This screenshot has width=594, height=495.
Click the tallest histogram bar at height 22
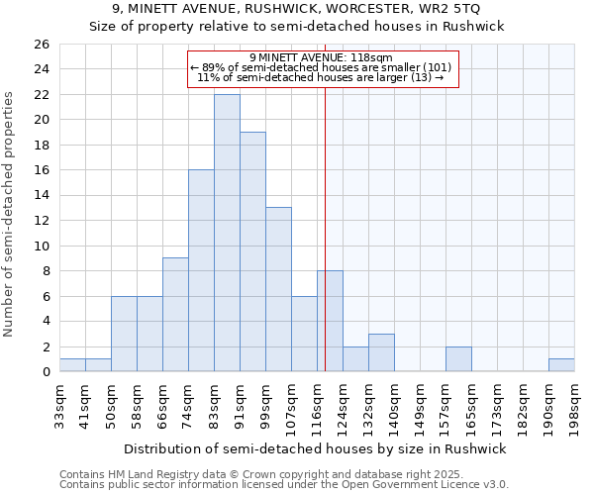click(227, 233)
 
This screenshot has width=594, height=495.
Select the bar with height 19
click(252, 251)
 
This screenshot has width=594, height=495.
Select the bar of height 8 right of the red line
click(331, 321)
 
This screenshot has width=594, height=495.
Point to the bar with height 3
click(381, 352)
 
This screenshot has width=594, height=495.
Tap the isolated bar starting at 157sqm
click(458, 359)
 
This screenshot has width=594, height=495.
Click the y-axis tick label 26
click(41, 45)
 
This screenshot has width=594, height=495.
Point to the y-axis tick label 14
click(41, 196)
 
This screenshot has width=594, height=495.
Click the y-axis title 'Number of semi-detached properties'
click(10, 213)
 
